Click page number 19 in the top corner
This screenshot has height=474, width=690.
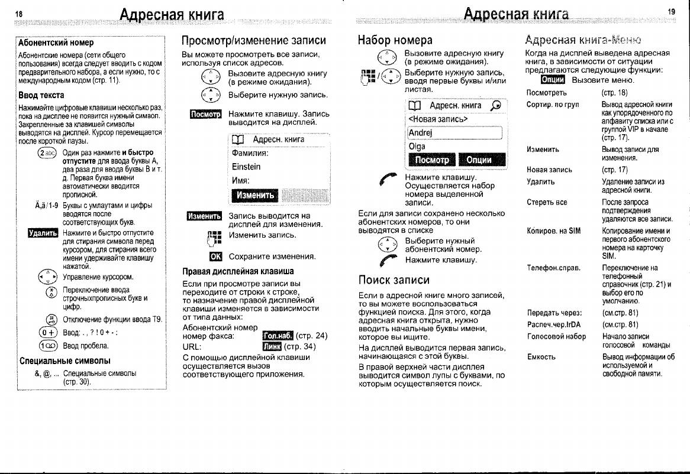point(670,11)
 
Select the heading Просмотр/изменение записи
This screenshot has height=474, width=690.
point(254,41)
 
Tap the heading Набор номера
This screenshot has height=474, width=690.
point(395,41)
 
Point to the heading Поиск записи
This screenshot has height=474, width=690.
point(394,280)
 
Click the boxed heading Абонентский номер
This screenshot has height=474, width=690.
point(56,43)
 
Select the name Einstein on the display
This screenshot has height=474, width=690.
point(246,167)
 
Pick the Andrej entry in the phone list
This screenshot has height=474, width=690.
point(420,132)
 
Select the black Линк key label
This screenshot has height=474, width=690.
point(271,347)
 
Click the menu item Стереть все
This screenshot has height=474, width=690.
point(547,202)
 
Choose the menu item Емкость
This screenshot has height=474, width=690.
point(541,356)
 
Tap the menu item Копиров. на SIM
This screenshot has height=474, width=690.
point(553,231)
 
